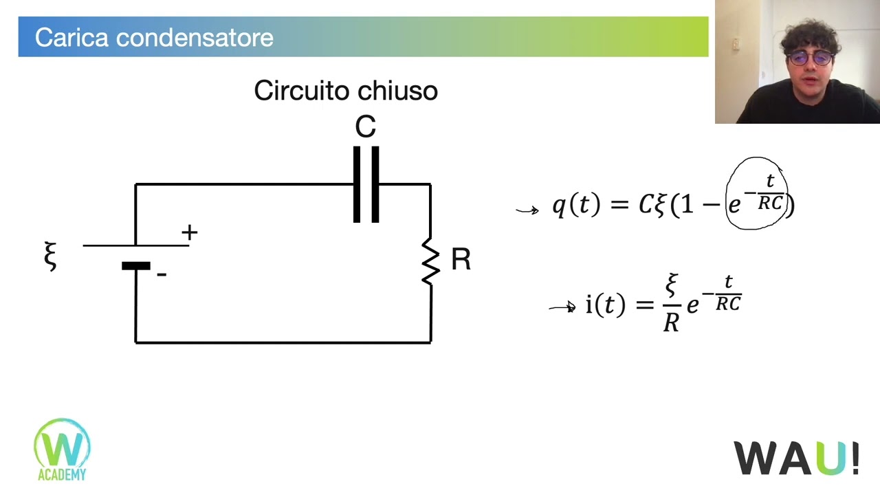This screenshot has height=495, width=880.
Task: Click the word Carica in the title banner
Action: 71,38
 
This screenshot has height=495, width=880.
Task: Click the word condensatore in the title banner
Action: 195,38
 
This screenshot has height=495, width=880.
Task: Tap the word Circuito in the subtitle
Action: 301,90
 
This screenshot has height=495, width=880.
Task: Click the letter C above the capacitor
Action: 365,126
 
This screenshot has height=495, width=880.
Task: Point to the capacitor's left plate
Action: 357,185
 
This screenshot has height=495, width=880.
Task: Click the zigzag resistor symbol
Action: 430,261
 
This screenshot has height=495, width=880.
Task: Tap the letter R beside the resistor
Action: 461,259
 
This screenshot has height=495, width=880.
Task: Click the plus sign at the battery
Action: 189,232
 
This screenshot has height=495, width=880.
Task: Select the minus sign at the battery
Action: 162,274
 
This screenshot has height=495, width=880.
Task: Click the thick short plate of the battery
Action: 136,266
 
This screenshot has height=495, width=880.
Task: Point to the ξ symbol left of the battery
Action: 50,256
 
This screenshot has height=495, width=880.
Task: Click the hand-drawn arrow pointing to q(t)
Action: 527,210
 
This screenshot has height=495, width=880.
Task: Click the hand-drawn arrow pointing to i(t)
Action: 562,307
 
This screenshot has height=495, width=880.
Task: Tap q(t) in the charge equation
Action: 576,204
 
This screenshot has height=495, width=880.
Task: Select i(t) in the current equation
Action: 606,305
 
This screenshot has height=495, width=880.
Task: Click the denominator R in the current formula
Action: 671,323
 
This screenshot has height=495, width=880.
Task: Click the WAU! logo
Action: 796,458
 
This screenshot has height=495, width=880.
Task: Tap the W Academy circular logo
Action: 62,449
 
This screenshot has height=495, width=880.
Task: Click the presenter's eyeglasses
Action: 809,58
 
